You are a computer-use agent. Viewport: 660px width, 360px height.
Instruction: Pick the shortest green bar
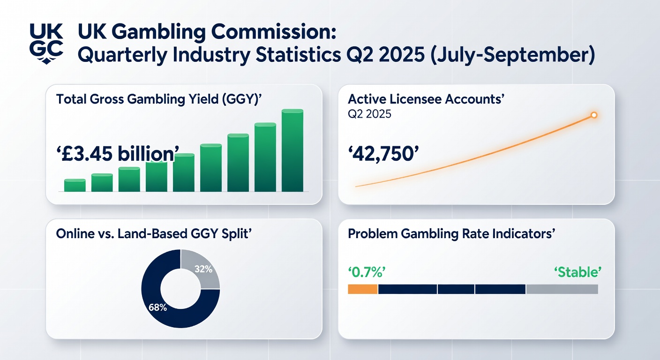[75, 186]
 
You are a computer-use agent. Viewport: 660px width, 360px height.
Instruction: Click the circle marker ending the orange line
[593, 115]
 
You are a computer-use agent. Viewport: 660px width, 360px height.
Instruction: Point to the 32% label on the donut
[203, 270]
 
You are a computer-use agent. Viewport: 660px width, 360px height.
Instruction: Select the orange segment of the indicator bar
[362, 289]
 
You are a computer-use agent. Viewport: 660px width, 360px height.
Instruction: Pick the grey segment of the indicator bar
[562, 289]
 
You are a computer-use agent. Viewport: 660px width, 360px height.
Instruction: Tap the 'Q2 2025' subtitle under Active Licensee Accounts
[370, 114]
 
